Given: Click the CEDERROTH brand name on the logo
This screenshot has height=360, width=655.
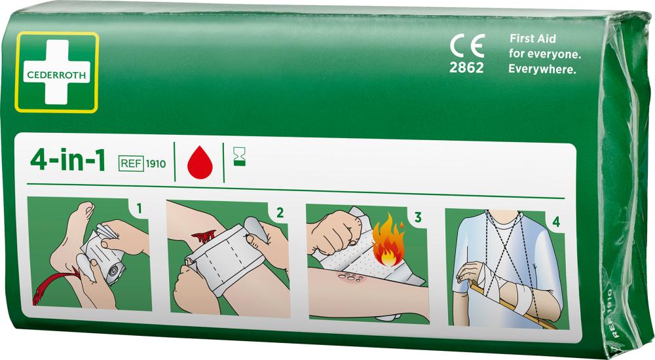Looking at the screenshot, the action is (56, 75).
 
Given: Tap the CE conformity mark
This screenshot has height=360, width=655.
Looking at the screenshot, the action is (468, 46).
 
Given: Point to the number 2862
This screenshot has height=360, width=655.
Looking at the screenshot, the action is (466, 67).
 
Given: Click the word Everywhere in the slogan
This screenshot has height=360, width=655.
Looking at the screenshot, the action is (542, 69).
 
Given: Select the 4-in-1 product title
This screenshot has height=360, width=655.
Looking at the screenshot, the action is (68, 160).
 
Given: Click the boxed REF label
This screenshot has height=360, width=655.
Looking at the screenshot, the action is (131, 163).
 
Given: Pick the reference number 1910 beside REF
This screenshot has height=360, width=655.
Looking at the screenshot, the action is (156, 164).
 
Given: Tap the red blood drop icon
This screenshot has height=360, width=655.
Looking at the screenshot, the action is (200, 162).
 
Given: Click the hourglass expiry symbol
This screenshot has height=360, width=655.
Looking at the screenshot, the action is (239, 157).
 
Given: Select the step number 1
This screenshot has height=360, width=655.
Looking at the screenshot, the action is (139, 208).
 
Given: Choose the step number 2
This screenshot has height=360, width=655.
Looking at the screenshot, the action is (280, 213).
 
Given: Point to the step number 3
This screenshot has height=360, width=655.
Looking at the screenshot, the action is (418, 217).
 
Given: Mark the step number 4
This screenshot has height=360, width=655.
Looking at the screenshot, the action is (556, 222).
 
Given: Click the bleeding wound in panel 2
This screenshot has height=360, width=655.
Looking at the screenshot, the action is (204, 237).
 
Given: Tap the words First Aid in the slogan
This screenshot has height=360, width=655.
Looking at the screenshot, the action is (533, 39).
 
